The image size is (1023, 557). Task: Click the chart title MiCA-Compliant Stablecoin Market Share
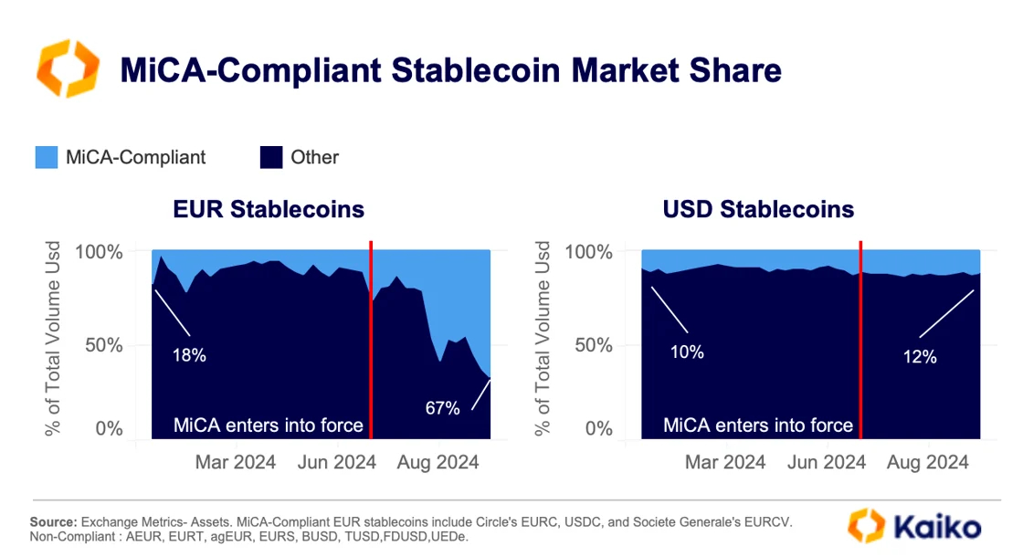[450, 70]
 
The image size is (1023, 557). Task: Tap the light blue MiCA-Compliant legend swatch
[47, 157]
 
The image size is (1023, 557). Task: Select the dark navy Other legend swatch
[271, 157]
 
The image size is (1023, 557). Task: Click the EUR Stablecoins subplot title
[269, 209]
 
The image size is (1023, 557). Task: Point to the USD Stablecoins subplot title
[758, 209]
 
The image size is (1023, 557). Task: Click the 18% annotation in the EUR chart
[190, 355]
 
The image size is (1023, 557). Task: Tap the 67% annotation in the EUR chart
[442, 408]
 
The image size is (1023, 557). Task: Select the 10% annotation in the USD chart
[686, 351]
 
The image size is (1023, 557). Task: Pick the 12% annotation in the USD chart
[919, 357]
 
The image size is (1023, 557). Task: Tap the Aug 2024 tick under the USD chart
[928, 462]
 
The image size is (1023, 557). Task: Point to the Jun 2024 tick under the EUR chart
[336, 462]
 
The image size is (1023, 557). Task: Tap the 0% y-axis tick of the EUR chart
[109, 428]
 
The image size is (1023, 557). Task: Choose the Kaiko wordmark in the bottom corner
[935, 527]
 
